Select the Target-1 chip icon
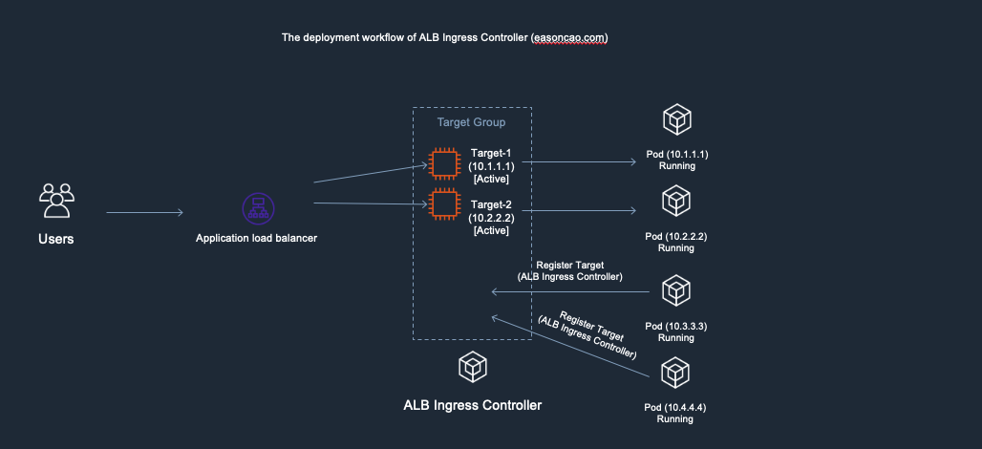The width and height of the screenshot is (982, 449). (x=443, y=163)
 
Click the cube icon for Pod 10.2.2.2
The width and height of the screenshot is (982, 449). (x=676, y=202)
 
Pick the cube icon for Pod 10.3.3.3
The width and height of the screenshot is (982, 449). (x=676, y=289)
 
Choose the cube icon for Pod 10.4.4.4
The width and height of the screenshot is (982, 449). (x=676, y=372)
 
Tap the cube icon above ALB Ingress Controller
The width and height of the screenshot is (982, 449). (x=471, y=365)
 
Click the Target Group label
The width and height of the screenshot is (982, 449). (x=471, y=122)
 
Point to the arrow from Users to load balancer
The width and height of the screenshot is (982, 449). (x=144, y=213)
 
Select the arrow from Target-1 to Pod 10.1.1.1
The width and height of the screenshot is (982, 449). (x=579, y=162)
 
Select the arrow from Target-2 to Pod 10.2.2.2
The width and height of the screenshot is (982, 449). (x=579, y=209)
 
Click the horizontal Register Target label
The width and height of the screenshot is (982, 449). (x=569, y=269)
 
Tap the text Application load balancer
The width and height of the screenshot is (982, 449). (x=256, y=238)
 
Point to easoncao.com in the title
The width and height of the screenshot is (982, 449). (x=569, y=38)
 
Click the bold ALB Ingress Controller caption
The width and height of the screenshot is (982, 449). (x=472, y=405)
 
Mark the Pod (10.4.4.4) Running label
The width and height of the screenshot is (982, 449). (x=675, y=413)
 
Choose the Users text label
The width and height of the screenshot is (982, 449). (x=56, y=238)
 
